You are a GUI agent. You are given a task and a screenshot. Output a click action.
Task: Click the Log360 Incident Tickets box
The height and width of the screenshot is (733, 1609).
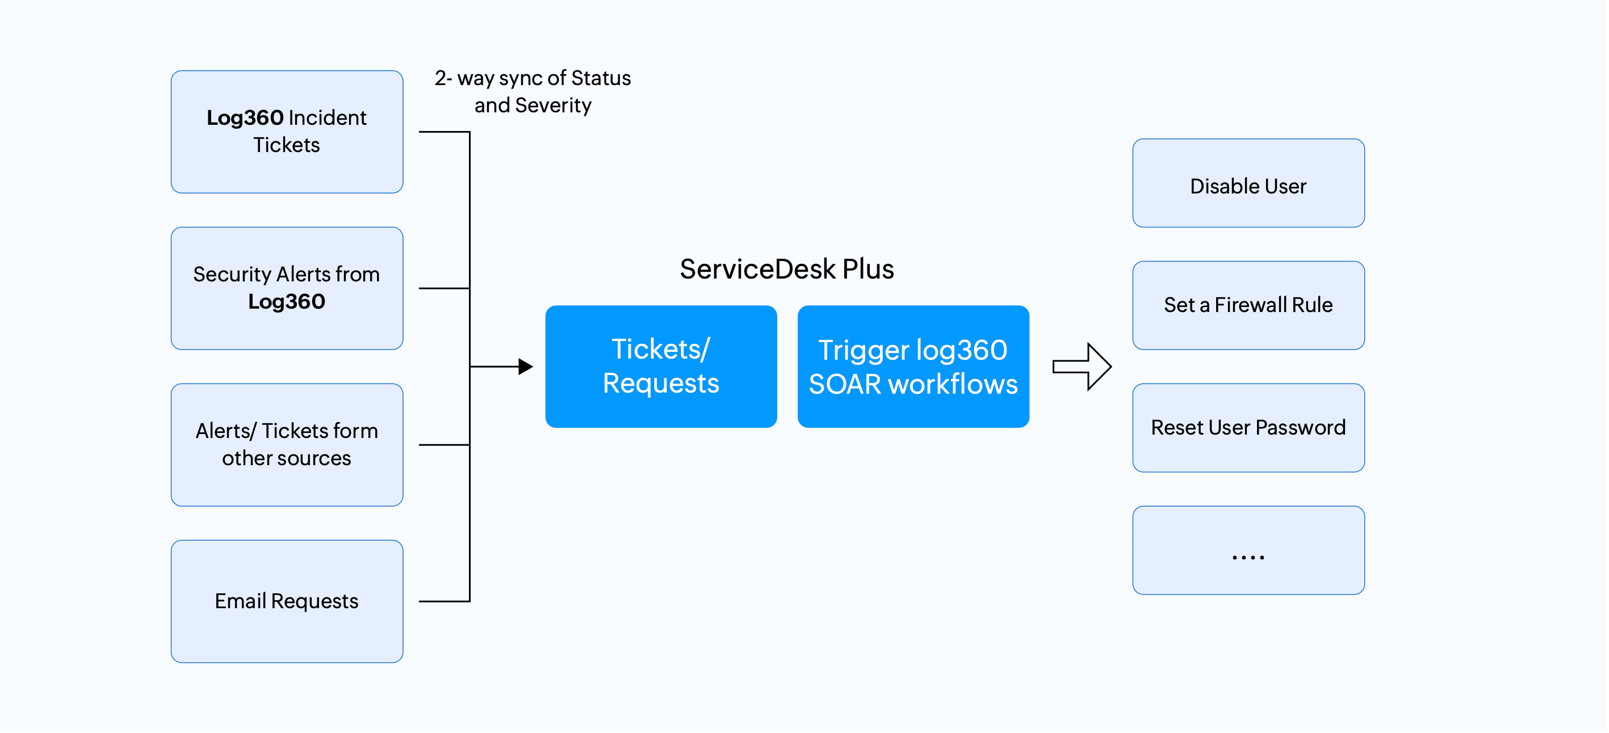click(287, 132)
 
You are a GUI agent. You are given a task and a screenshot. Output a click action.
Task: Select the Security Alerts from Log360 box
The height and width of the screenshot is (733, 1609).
click(287, 288)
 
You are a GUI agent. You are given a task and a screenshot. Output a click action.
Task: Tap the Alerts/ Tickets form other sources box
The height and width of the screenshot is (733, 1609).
click(287, 445)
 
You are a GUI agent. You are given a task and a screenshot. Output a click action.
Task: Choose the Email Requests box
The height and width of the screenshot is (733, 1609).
click(287, 601)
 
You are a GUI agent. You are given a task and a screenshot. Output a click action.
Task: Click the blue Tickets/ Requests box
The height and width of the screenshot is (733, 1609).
click(661, 366)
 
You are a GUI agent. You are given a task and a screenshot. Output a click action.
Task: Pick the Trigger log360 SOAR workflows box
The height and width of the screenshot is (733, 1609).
click(913, 366)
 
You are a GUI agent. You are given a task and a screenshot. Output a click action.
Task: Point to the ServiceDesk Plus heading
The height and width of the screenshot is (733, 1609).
click(786, 269)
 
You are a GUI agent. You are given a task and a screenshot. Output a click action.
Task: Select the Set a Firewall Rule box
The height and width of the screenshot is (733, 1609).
click(1248, 305)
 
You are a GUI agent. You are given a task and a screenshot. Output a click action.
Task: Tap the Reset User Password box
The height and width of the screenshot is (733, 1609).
click(1248, 428)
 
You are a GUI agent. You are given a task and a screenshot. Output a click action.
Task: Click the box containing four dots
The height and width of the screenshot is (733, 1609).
click(1248, 550)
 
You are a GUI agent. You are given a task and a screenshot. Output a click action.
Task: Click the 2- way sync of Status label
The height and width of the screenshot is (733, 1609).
click(533, 78)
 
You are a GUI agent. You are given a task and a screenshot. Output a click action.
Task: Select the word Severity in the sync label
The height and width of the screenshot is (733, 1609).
click(553, 106)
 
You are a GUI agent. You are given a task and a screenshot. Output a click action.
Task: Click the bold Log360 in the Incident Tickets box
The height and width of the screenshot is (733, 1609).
click(245, 118)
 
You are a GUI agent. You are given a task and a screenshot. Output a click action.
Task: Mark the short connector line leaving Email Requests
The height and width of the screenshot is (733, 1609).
click(443, 601)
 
